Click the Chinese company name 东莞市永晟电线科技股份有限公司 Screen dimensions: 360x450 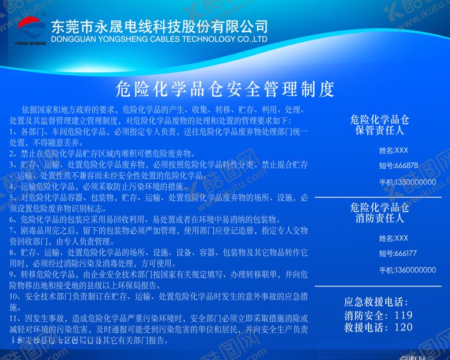(159, 26)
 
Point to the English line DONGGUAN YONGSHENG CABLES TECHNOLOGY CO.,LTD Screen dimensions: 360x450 (159, 39)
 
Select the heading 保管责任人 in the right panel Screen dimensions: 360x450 (379, 130)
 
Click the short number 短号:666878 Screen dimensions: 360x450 (398, 165)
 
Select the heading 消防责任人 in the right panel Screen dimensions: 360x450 (379, 219)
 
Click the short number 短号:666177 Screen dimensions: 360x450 (398, 253)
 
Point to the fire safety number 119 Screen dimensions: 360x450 (403, 315)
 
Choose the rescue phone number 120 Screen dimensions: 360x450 (403, 327)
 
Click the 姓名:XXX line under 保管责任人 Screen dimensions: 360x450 (394, 150)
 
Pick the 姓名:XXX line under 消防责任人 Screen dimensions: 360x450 (394, 238)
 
